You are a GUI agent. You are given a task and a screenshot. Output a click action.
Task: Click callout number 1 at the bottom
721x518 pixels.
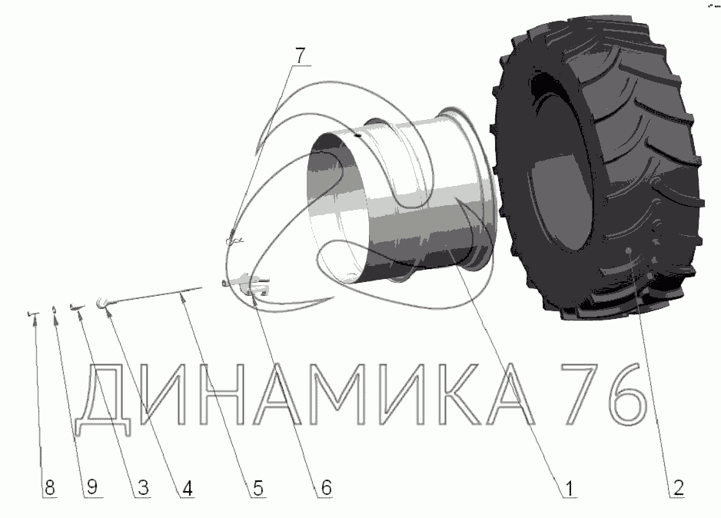(x=570, y=488)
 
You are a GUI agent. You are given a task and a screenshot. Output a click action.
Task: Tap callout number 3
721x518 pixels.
(x=143, y=488)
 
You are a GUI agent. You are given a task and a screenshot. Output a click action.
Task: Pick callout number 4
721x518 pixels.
(x=187, y=488)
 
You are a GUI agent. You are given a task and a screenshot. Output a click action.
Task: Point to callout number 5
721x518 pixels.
(x=258, y=488)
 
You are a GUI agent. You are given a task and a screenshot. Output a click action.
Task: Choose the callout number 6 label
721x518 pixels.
(x=326, y=488)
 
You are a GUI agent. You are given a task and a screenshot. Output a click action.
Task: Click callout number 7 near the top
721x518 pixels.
(x=299, y=55)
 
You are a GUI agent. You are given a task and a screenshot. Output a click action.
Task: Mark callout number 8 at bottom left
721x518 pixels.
(x=50, y=488)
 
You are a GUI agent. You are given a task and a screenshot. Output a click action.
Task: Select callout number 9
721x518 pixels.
(x=92, y=487)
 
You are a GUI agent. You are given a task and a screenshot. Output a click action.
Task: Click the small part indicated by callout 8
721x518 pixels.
(x=32, y=314)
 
